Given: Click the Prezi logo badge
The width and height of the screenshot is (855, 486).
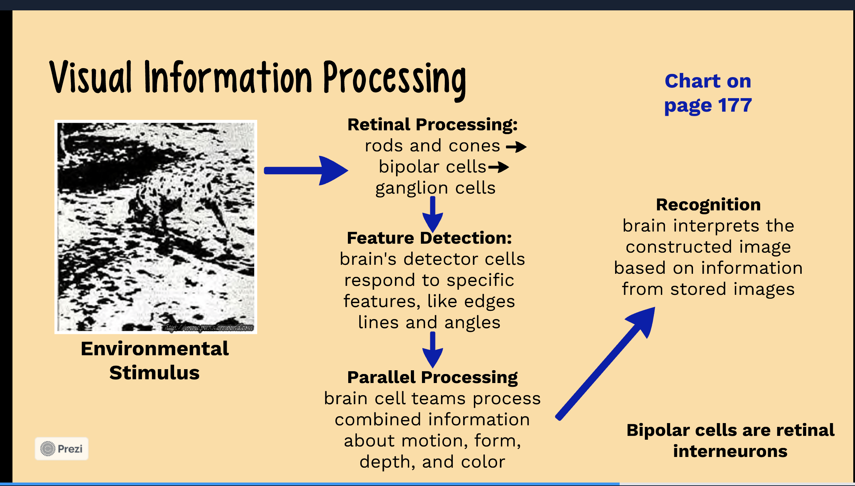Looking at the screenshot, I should coord(62,449).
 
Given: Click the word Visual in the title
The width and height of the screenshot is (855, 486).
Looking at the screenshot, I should coord(91,78).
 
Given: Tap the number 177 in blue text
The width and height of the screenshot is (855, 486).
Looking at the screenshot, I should coord(735,105).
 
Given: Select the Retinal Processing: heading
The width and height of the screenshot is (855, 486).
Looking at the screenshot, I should coord(432,125).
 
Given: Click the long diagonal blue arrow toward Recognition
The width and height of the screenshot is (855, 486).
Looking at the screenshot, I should coord(606,363).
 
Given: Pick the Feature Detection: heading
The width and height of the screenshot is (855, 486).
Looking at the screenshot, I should coord(429,238).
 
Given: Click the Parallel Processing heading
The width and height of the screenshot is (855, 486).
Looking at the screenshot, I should coord(432,377).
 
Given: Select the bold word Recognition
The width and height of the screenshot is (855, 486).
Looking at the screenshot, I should coord(708,205).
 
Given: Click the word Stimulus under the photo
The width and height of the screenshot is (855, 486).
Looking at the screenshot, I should coord(154,373).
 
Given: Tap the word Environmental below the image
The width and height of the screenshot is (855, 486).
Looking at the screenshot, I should coord(154,348).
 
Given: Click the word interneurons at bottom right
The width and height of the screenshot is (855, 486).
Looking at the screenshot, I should coord(730,451).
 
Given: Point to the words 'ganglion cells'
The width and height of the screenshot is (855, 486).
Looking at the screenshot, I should coord(435,188).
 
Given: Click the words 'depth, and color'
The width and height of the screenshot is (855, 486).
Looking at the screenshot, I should coord(432,462).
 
